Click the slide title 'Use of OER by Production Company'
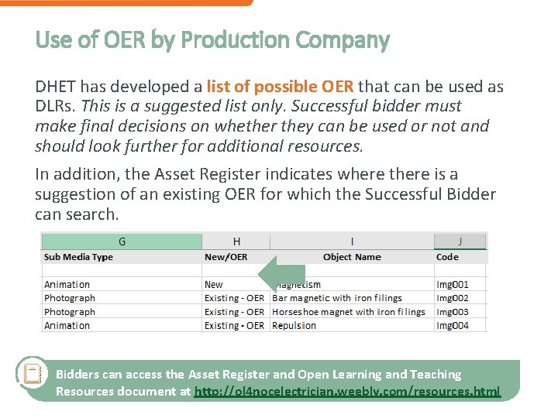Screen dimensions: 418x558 [212, 39]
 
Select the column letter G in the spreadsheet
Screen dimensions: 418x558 [122, 242]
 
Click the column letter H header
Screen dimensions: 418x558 [236, 242]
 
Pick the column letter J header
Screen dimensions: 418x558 [460, 242]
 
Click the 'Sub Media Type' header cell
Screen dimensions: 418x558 [78, 257]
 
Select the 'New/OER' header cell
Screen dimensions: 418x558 [226, 257]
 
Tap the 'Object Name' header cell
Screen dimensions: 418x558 [352, 257]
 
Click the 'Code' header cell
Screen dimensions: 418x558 [447, 257]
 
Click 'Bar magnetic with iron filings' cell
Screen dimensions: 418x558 [337, 298]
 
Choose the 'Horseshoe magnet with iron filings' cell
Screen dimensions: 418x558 [348, 312]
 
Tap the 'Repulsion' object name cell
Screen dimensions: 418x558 [294, 326]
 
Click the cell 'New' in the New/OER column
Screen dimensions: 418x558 [213, 285]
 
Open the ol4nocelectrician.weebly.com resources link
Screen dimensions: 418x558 [347, 392]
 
